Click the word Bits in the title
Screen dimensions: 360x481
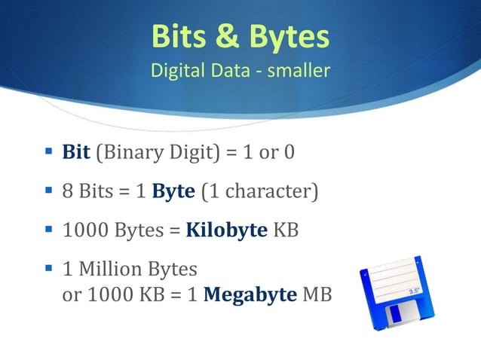tap(179, 36)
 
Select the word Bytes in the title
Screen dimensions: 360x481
tap(284, 36)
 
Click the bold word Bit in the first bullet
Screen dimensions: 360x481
tap(76, 153)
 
